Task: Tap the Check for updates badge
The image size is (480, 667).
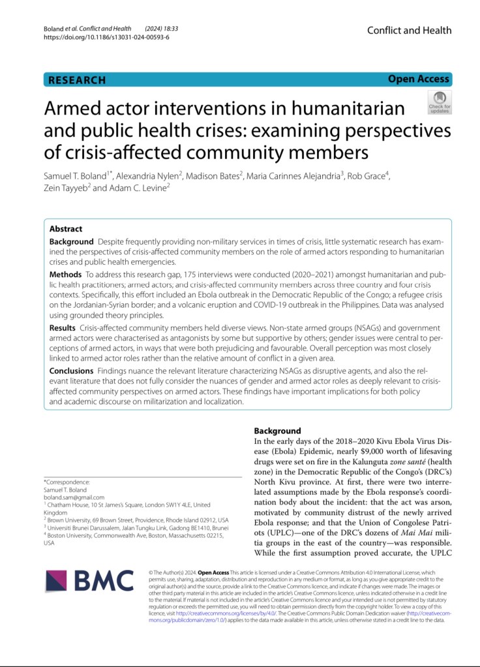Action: coord(439,102)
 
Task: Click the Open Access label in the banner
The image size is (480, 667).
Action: coord(418,80)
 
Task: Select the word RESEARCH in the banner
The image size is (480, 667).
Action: coord(77,80)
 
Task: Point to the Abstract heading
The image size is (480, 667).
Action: coord(66,229)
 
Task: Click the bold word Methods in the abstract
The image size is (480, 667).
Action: coord(66,274)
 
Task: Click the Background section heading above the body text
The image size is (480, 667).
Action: coord(277,431)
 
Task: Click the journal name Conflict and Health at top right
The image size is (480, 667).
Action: coord(409,30)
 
